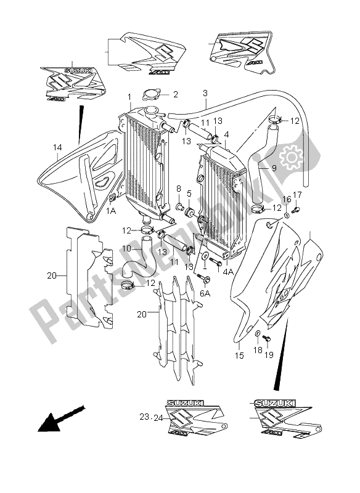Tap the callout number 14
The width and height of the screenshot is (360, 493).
(x=58, y=148)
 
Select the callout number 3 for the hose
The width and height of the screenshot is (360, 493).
(x=205, y=93)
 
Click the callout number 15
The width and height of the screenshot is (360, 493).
(x=239, y=356)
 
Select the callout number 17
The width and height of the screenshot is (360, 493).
(x=297, y=196)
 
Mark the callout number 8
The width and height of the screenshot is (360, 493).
(x=178, y=189)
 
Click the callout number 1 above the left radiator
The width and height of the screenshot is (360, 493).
(x=129, y=97)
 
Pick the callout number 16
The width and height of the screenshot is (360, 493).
(x=286, y=199)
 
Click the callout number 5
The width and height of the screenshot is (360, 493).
(x=190, y=194)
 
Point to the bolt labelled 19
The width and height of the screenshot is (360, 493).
(x=265, y=338)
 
